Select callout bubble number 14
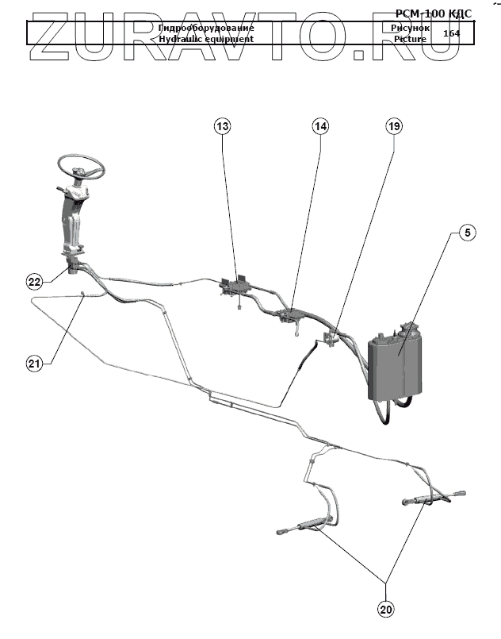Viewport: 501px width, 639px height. click(319, 126)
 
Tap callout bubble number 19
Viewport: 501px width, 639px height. click(394, 126)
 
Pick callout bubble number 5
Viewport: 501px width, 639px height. click(468, 233)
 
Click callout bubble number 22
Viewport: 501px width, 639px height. click(34, 282)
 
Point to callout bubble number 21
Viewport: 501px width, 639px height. click(34, 364)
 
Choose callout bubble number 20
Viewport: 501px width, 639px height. click(386, 610)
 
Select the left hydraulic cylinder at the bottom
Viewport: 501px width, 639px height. click(304, 525)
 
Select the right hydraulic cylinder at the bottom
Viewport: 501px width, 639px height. click(433, 500)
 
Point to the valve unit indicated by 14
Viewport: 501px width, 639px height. click(289, 315)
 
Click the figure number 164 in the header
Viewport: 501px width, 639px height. click(452, 33)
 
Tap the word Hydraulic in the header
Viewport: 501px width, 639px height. click(182, 39)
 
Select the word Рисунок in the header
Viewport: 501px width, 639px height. click(410, 28)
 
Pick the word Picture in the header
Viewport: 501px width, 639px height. click(410, 39)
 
